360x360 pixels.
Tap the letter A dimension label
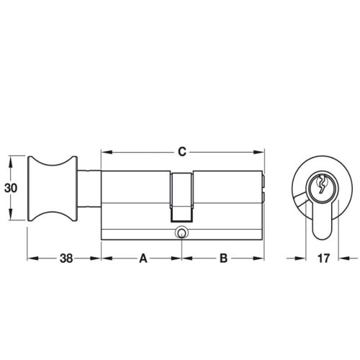(143, 258)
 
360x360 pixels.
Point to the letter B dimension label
(223, 258)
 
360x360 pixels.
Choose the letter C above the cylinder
(182, 152)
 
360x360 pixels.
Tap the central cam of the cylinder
(181, 198)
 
